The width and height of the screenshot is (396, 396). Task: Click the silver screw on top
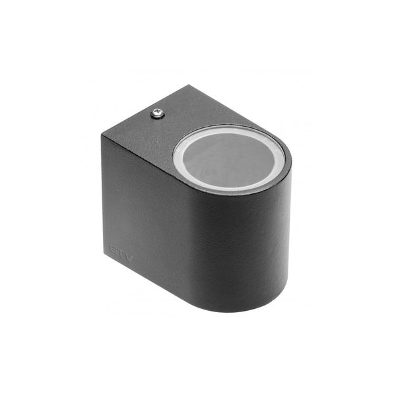pyautogui.click(x=157, y=114)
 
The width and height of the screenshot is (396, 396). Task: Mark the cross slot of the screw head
pyautogui.click(x=157, y=114)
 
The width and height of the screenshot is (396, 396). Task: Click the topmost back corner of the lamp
pyautogui.click(x=188, y=85)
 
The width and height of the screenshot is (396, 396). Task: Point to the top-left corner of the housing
pyautogui.click(x=102, y=135)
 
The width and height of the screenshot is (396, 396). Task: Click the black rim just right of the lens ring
pyautogui.click(x=288, y=165)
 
